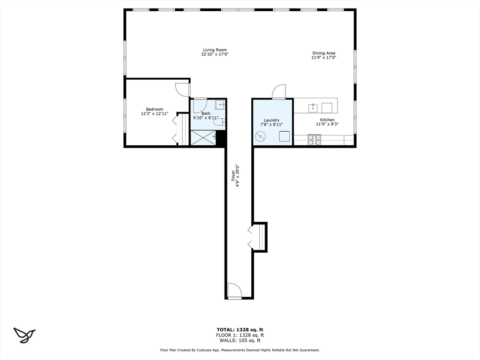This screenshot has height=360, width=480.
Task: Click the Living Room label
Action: point(215,50)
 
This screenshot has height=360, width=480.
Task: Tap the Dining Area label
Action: point(324,53)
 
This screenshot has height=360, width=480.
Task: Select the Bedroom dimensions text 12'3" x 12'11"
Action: point(154,114)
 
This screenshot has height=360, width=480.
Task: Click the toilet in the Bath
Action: point(219,122)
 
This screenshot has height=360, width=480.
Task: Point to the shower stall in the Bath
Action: point(203,138)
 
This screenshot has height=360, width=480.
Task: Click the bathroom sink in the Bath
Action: point(220,105)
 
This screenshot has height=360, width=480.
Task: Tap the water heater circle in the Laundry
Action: point(260,137)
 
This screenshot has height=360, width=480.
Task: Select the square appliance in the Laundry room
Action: point(284,136)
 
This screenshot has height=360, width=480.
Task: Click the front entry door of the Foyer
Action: point(234,291)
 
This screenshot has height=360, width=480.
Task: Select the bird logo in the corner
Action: point(24,334)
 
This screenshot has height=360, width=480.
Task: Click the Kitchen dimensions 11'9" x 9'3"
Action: point(327,125)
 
